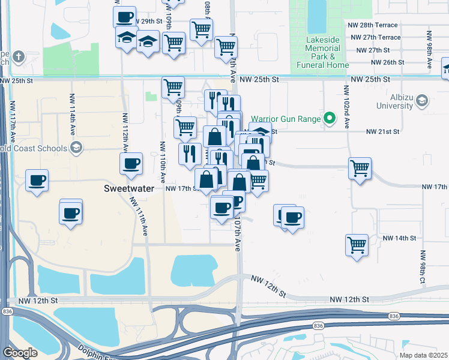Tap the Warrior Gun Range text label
(286, 119)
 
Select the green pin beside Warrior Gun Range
(329, 119)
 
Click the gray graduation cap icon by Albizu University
(421, 100)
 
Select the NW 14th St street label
(399, 238)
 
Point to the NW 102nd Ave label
(346, 107)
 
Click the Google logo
(20, 353)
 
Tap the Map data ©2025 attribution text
(423, 355)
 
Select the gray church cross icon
(19, 58)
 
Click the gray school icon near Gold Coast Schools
(76, 148)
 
